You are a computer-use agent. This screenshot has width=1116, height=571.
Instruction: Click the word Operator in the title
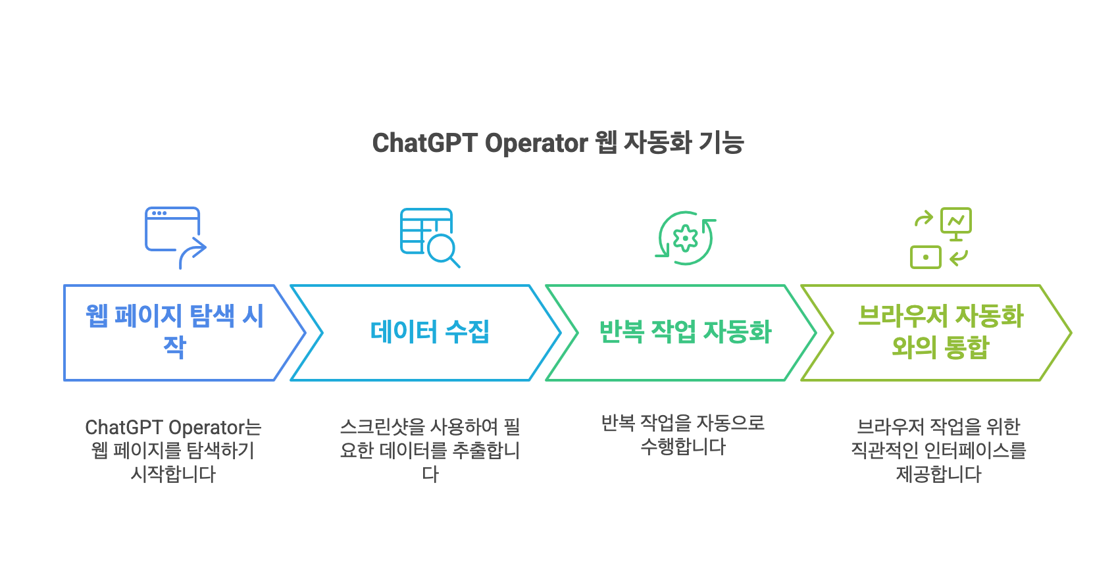pyautogui.click(x=536, y=143)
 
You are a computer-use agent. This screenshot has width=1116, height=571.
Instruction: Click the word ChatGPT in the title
pyautogui.click(x=424, y=143)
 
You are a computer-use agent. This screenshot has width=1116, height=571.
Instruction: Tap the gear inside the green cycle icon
pyautogui.click(x=686, y=238)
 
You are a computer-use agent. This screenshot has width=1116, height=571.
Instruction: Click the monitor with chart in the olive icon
pyautogui.click(x=956, y=222)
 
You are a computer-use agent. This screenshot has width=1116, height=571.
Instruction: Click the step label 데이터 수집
pyautogui.click(x=430, y=332)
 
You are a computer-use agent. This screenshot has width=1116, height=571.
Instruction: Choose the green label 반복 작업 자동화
pyautogui.click(x=685, y=332)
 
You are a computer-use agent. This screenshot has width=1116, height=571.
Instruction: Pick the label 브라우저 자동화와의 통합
pyautogui.click(x=940, y=331)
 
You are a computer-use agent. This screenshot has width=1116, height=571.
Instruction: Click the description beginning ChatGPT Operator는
pyautogui.click(x=173, y=451)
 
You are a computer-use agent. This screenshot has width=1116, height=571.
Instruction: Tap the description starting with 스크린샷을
pyautogui.click(x=430, y=451)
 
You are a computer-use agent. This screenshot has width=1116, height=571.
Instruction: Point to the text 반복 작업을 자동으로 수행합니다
pyautogui.click(x=683, y=435)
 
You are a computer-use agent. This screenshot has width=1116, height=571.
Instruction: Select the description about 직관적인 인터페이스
pyautogui.click(x=938, y=451)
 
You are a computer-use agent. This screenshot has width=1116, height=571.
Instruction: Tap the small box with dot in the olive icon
pyautogui.click(x=925, y=257)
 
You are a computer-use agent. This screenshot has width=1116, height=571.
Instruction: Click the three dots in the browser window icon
pyautogui.click(x=159, y=213)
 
